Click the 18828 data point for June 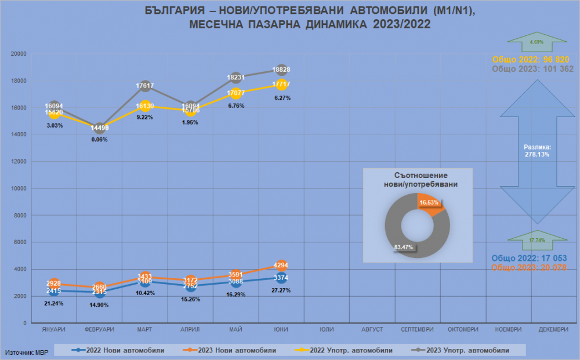tap(281, 70)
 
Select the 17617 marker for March tap(145, 86)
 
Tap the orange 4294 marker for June tap(281, 266)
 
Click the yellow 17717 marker tap(281, 84)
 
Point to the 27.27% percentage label tap(281, 290)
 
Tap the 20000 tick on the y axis tap(20, 53)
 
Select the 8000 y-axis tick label tap(21, 215)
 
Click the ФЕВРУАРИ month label tap(99, 329)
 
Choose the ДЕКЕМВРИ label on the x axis tap(553, 329)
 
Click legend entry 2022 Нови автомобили tap(118, 350)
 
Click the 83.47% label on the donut tap(403, 247)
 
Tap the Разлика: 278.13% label tap(536, 151)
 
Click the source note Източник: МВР tap(27, 352)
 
